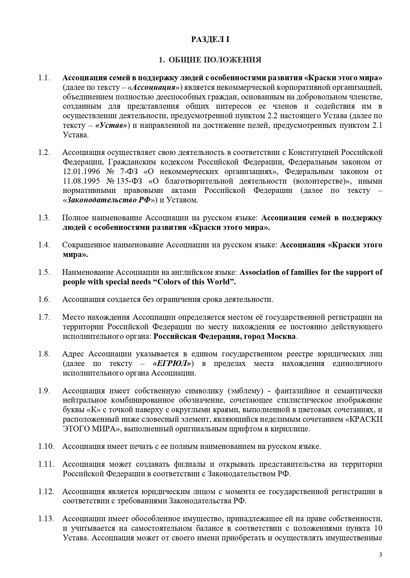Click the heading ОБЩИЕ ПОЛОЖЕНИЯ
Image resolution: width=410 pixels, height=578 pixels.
tap(215, 60)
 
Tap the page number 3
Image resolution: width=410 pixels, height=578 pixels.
tap(380, 555)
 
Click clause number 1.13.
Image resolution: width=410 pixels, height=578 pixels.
tap(46, 519)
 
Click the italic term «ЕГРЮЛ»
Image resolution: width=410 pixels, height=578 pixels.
tap(172, 363)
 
